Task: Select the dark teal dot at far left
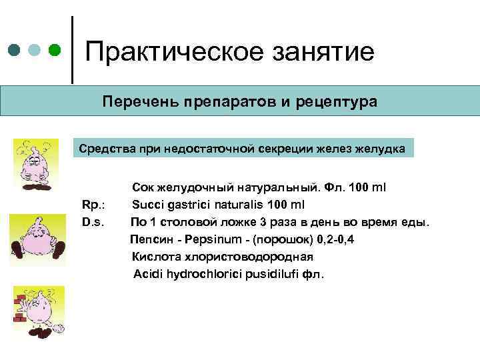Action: (14, 51)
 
